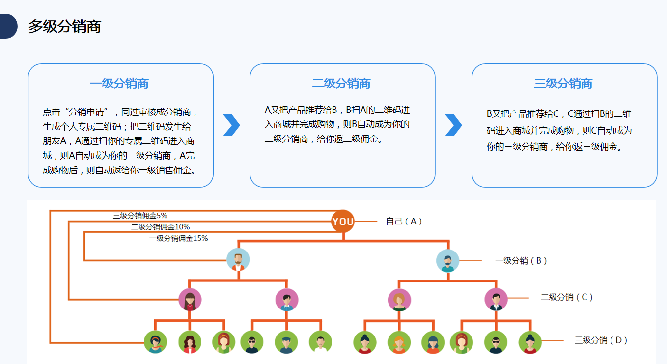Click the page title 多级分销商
[x=64, y=27]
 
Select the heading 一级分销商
[x=119, y=84]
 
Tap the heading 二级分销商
[x=341, y=84]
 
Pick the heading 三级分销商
[x=563, y=84]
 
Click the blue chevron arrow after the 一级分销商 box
[x=231, y=125]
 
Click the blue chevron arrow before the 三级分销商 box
[x=453, y=125]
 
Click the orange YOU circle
[x=343, y=222]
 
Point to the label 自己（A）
[x=404, y=222]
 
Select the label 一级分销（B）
[x=521, y=261]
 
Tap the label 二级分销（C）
[x=567, y=297]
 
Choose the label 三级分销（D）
[x=601, y=340]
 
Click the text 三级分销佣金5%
[x=140, y=215]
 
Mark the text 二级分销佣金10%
[x=160, y=227]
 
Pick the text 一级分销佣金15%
[x=178, y=238]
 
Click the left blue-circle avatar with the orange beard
[x=238, y=260]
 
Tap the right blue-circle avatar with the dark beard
[x=447, y=261]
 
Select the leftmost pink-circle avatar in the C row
[x=190, y=299]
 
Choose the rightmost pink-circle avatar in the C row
[x=496, y=299]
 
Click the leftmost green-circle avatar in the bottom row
[x=155, y=342]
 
